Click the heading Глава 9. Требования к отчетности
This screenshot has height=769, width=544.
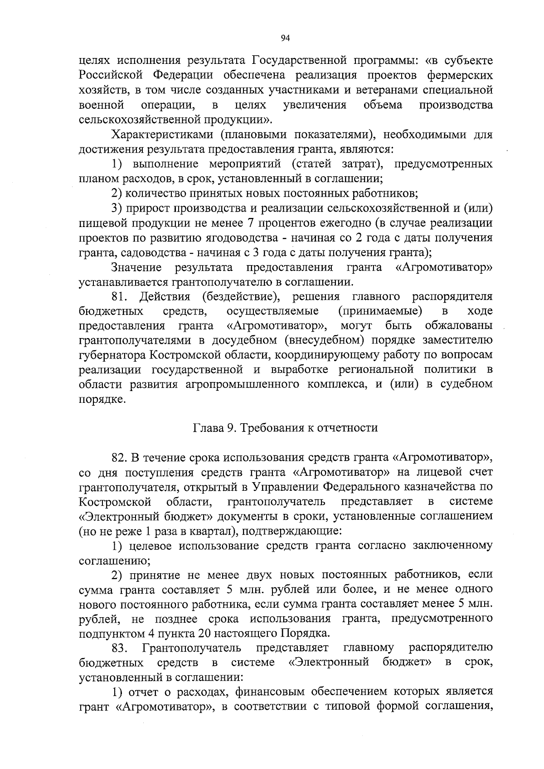285,428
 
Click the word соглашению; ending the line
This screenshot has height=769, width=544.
115,561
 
